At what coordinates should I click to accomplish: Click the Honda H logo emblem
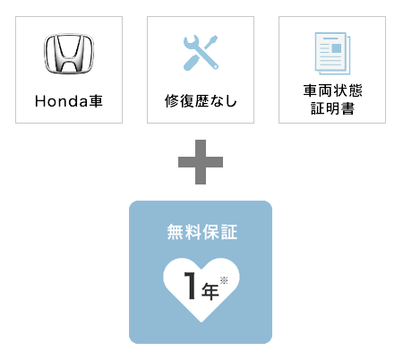tap(69, 54)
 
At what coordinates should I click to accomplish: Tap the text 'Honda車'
tap(69, 101)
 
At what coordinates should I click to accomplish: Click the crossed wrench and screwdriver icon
tap(201, 53)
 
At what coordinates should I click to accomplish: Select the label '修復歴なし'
tap(201, 101)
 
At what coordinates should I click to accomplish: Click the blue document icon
tap(332, 54)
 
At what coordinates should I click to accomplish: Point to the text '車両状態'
tap(332, 90)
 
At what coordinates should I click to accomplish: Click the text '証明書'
tap(332, 108)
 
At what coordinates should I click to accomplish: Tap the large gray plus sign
tap(201, 162)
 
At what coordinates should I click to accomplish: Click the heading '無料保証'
tap(202, 232)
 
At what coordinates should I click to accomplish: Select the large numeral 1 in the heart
tap(190, 286)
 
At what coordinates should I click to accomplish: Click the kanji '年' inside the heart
tap(210, 291)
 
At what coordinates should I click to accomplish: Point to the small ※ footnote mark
tap(224, 280)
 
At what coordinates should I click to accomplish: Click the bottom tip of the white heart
tap(201, 322)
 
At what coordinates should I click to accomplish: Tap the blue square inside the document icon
tap(336, 48)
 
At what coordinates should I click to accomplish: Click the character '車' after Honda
tap(96, 101)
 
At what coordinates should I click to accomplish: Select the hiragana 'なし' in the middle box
tap(223, 101)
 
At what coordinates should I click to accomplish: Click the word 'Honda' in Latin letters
tap(62, 101)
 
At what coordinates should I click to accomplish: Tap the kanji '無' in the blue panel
tap(176, 232)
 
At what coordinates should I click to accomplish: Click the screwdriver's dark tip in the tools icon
tap(213, 40)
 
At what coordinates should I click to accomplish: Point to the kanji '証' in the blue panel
tap(229, 232)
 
